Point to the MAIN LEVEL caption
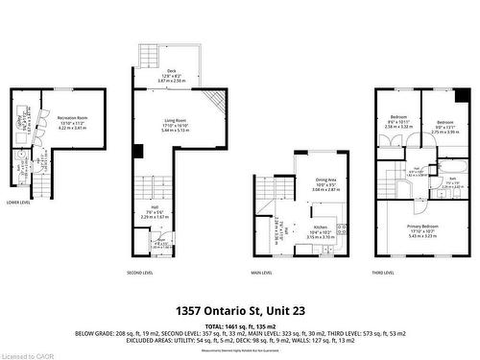coord(261,273)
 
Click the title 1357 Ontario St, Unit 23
coord(240,311)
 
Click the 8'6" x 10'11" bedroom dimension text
coord(396,122)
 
